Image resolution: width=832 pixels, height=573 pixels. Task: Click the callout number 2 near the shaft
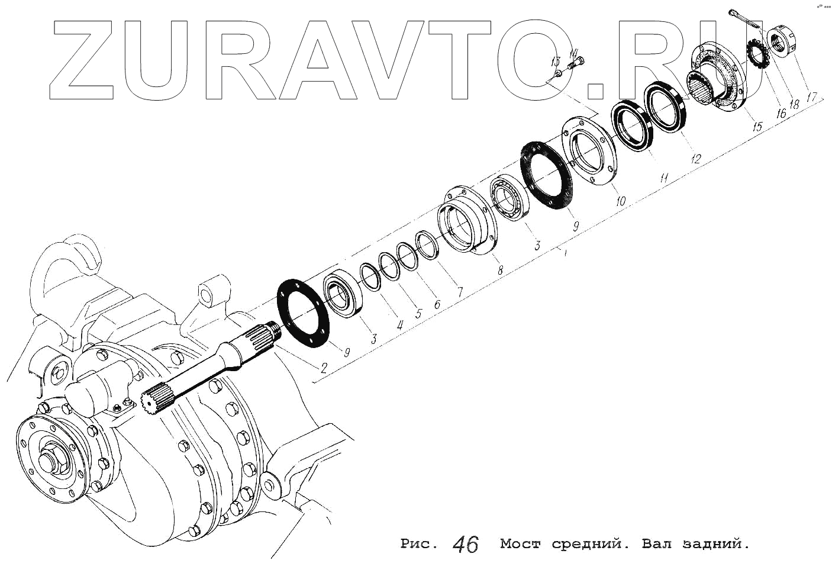[x=323, y=368]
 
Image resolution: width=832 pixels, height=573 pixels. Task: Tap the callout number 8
[x=500, y=270]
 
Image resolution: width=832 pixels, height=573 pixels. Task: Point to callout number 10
[x=620, y=201]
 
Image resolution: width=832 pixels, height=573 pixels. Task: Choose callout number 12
[x=695, y=159]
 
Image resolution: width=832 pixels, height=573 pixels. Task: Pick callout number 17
[x=811, y=96]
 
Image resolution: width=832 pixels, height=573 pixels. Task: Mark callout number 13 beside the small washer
[x=554, y=61]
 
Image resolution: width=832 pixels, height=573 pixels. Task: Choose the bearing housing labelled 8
[x=466, y=222]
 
